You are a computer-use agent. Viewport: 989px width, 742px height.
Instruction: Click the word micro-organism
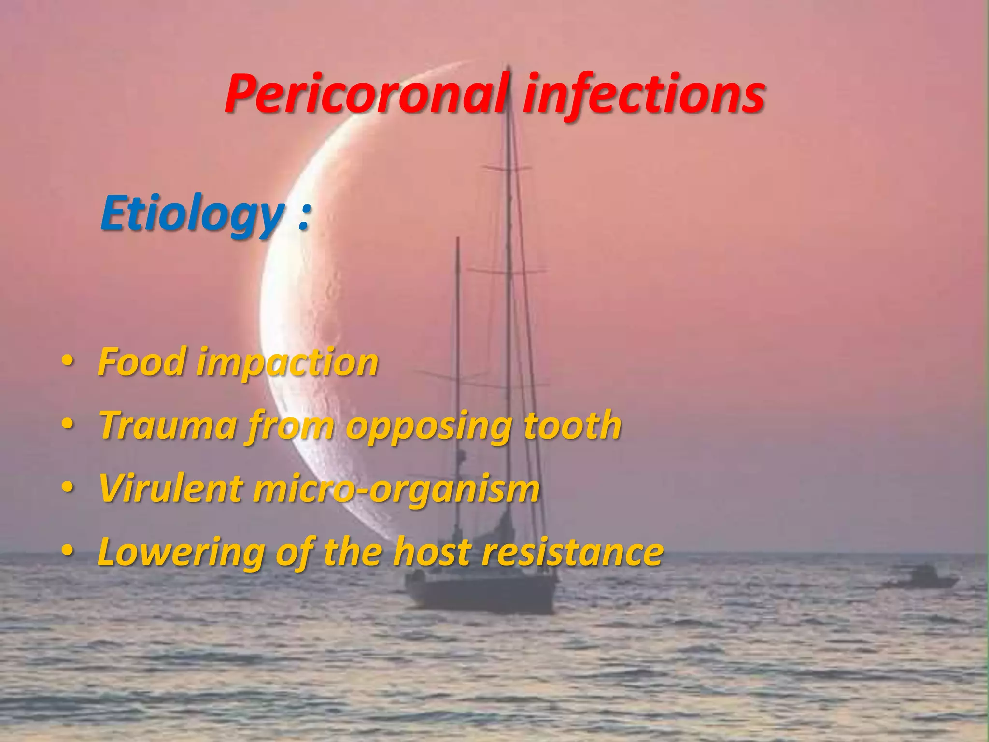(396, 489)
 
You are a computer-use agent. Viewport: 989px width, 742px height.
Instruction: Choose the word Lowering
(181, 553)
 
